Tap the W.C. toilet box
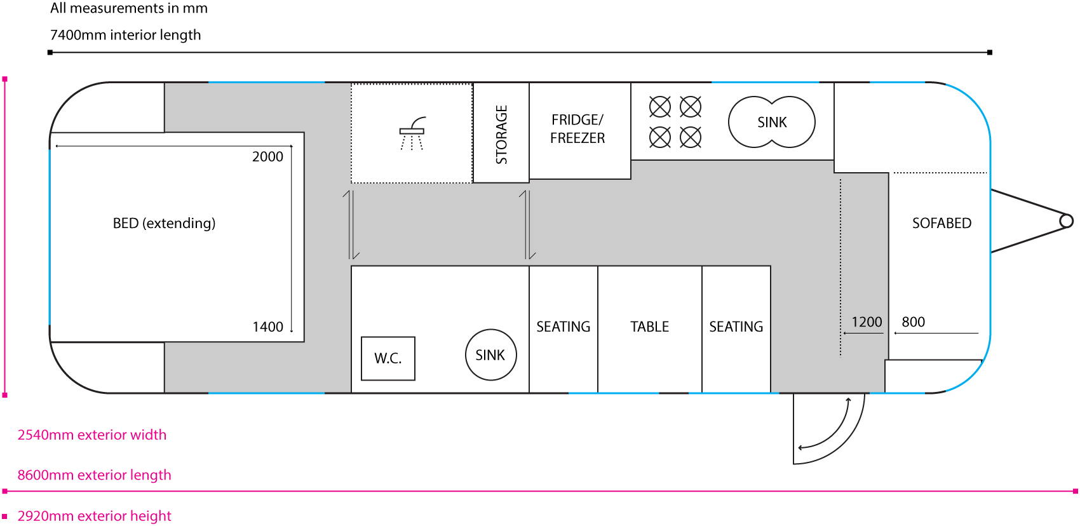388,358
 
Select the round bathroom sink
490,355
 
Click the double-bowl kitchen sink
771,122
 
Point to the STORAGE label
501,134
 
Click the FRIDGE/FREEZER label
577,129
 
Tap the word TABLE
649,327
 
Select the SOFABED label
942,223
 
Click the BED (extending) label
164,223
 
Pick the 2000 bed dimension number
267,157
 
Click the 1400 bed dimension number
267,327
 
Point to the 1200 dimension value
867,322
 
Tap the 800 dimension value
913,322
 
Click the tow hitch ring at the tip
1067,221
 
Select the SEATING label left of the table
563,327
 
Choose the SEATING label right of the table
736,327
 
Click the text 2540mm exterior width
92,435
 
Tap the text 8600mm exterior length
95,475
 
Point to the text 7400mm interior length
125,35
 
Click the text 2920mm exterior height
95,516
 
